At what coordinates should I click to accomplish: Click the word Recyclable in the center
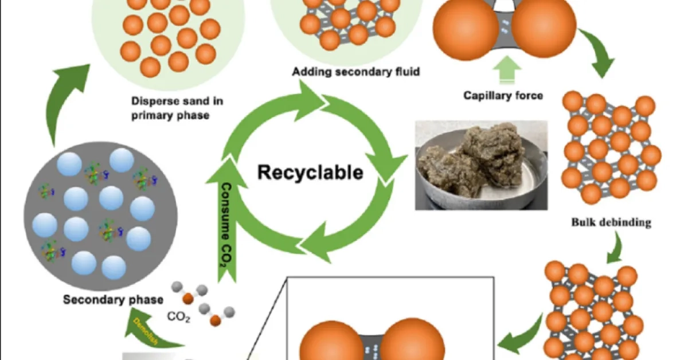(x=310, y=171)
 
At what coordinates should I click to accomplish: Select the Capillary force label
(x=503, y=95)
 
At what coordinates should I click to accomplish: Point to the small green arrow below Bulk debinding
(x=615, y=245)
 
